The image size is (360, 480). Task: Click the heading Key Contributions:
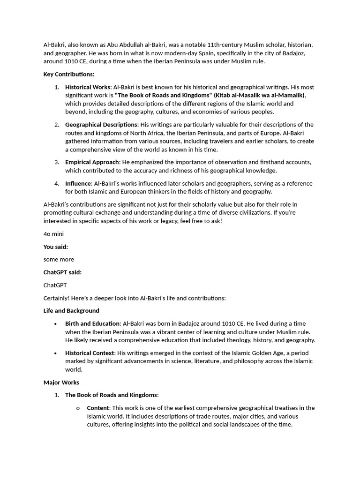click(x=69, y=75)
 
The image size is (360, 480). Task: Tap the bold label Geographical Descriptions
click(x=101, y=125)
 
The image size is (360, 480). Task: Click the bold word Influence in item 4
click(x=78, y=183)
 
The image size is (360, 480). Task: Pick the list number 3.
click(x=56, y=162)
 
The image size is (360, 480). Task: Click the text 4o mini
click(x=53, y=234)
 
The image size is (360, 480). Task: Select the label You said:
click(x=56, y=247)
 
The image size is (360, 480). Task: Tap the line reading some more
click(x=59, y=259)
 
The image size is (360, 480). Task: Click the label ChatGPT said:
click(x=62, y=272)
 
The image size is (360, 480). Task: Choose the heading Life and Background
click(x=71, y=311)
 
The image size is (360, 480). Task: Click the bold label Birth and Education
click(x=92, y=324)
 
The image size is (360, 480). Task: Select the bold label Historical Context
click(x=90, y=353)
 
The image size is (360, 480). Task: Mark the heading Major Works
click(x=61, y=382)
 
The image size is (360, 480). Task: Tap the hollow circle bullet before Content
click(x=78, y=408)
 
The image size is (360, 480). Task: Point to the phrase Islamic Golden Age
click(x=231, y=353)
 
